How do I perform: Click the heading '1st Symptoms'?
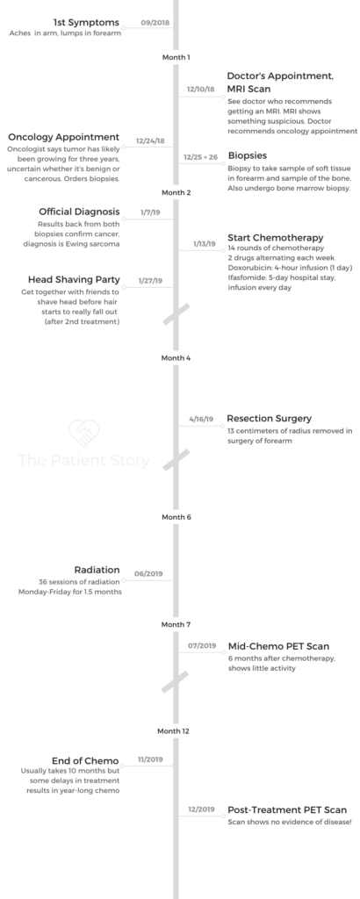[x=86, y=22]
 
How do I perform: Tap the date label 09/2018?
[x=154, y=23]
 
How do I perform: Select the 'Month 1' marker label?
[x=176, y=57]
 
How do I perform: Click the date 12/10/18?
[x=201, y=90]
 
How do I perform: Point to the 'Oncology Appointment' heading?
[x=63, y=137]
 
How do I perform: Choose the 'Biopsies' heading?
[x=247, y=156]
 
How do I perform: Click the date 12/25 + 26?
[x=201, y=157]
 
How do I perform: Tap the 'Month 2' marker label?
[x=176, y=192]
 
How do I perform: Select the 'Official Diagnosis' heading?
[x=79, y=212]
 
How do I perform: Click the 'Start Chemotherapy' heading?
[x=275, y=238]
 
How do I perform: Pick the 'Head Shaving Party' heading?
[x=74, y=280]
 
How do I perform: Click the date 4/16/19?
[x=201, y=419]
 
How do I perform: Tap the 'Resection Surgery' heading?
[x=269, y=419]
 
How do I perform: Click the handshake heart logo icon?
[x=83, y=434]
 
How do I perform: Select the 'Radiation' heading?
[x=97, y=570]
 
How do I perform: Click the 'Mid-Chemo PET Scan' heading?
[x=278, y=647]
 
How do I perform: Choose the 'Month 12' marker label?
[x=173, y=731]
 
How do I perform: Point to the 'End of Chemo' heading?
[x=85, y=761]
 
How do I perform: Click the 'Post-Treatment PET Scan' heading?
[x=287, y=810]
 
